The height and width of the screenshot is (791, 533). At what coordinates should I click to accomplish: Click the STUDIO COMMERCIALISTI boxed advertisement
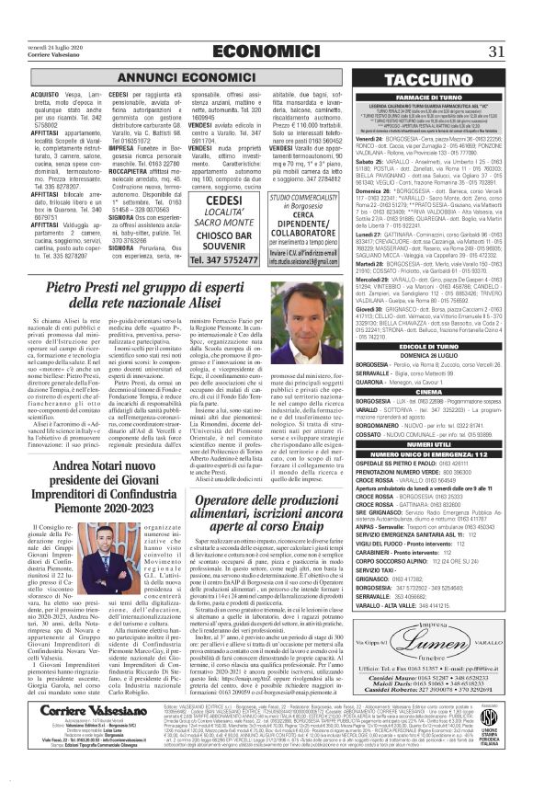coord(317,219)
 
